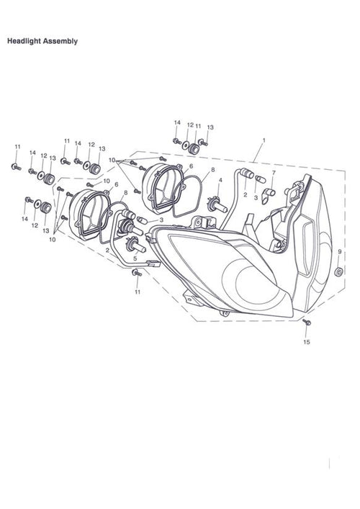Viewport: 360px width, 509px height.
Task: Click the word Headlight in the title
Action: (x=24, y=41)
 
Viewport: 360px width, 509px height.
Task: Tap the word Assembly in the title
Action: (x=60, y=41)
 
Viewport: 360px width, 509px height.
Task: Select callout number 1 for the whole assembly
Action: (x=264, y=140)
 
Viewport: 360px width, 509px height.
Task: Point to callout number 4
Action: (x=220, y=180)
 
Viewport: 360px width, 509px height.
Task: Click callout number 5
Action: (x=135, y=258)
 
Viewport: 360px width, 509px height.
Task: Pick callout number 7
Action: (x=274, y=172)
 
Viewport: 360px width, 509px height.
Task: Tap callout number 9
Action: (x=340, y=251)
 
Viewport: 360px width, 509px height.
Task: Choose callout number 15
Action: (x=307, y=342)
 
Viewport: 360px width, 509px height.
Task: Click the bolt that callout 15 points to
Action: (x=307, y=322)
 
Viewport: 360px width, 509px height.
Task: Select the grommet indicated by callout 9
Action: (x=338, y=271)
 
